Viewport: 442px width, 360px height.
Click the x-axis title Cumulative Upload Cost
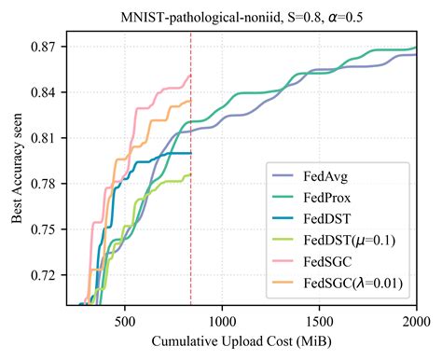(x=242, y=339)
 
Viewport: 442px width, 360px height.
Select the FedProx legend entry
(x=327, y=198)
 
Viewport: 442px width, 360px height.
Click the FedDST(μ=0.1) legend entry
(x=346, y=241)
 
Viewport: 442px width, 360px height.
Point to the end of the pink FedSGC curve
(x=190, y=76)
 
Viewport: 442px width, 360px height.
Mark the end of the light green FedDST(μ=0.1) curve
(x=190, y=174)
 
